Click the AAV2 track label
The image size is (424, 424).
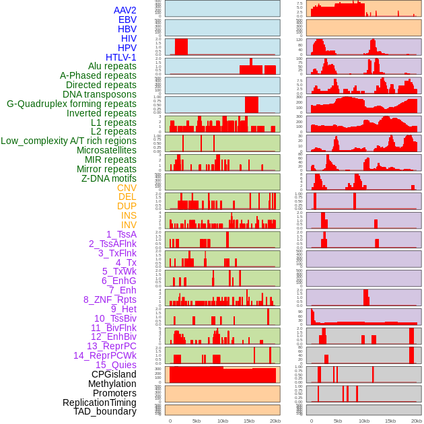(125, 10)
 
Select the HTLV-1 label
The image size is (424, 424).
(120, 57)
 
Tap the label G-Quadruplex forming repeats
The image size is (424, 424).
(71, 104)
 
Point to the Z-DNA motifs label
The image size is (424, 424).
(109, 178)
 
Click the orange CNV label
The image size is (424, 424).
(127, 188)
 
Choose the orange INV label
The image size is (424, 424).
(129, 225)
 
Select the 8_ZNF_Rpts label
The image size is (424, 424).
(110, 299)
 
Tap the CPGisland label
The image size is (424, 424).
(114, 374)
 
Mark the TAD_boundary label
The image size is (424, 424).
(104, 411)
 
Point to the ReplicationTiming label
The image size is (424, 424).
(100, 402)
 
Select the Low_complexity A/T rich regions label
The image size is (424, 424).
(69, 141)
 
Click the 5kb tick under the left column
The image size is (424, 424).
(197, 421)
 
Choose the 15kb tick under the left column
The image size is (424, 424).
(249, 421)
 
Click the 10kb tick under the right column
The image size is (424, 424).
(364, 421)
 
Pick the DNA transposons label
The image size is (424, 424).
(100, 94)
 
